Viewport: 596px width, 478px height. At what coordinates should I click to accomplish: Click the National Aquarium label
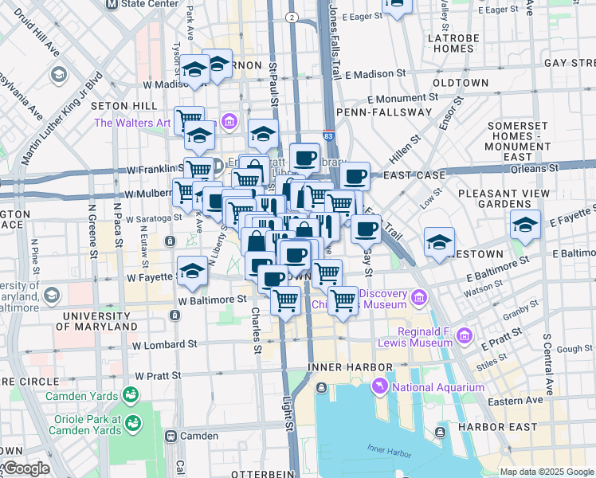coord(437,387)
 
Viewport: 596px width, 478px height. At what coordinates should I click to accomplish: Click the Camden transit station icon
coord(171,436)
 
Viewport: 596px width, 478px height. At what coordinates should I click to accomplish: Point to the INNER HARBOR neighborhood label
coord(351,366)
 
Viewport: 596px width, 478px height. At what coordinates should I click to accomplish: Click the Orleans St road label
coord(535,168)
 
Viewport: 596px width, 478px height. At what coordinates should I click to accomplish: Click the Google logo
coord(26,468)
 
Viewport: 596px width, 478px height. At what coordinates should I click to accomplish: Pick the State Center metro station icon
coord(112,4)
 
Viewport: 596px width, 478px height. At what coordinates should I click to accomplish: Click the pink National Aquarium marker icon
coord(379,387)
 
